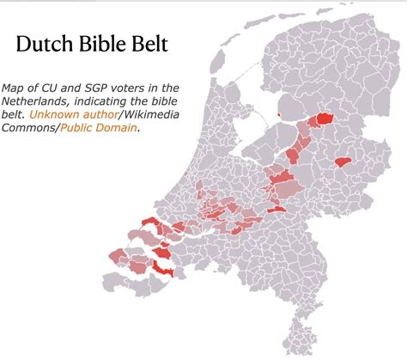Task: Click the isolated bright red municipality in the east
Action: [344, 161]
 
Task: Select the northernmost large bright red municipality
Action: [325, 119]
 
